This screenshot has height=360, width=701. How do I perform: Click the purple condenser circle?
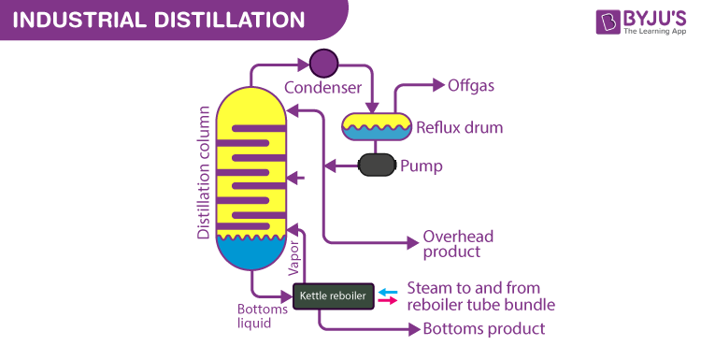pyautogui.click(x=323, y=63)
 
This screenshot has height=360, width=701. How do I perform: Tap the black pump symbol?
pyautogui.click(x=377, y=166)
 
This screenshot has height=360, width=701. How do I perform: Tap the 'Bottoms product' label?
pyautogui.click(x=483, y=329)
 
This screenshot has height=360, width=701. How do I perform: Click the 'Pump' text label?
pyautogui.click(x=421, y=166)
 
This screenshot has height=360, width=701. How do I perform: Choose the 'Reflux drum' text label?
pyautogui.click(x=459, y=127)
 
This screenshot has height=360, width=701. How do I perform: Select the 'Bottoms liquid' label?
pyautogui.click(x=255, y=317)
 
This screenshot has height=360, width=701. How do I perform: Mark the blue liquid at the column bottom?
pyautogui.click(x=251, y=250)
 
